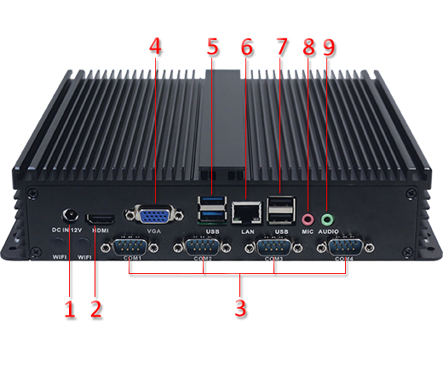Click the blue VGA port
point(153,214)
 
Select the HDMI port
point(101,217)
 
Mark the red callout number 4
point(154,48)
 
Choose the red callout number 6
point(247,48)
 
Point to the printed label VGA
point(154,231)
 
